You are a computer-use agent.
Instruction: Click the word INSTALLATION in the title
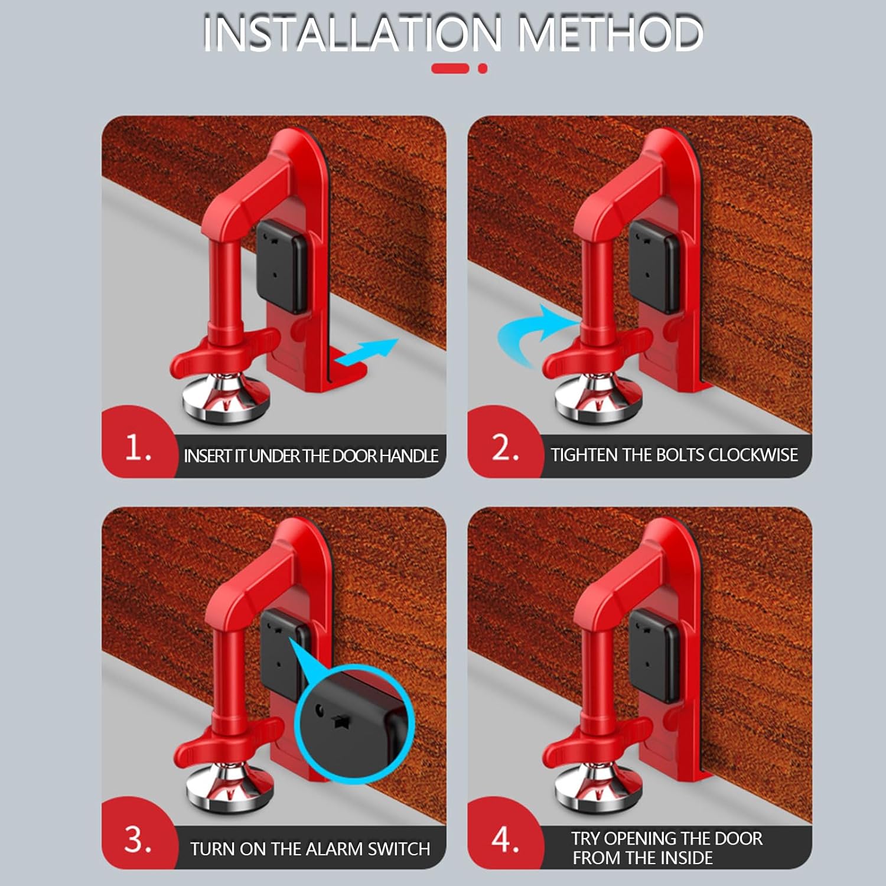[x=353, y=33]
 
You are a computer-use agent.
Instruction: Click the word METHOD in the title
[x=611, y=33]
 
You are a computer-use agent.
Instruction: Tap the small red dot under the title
[x=483, y=69]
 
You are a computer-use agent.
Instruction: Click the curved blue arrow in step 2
[x=535, y=334]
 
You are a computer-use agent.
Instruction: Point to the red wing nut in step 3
[x=227, y=743]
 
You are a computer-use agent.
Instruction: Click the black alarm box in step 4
[x=653, y=656]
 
